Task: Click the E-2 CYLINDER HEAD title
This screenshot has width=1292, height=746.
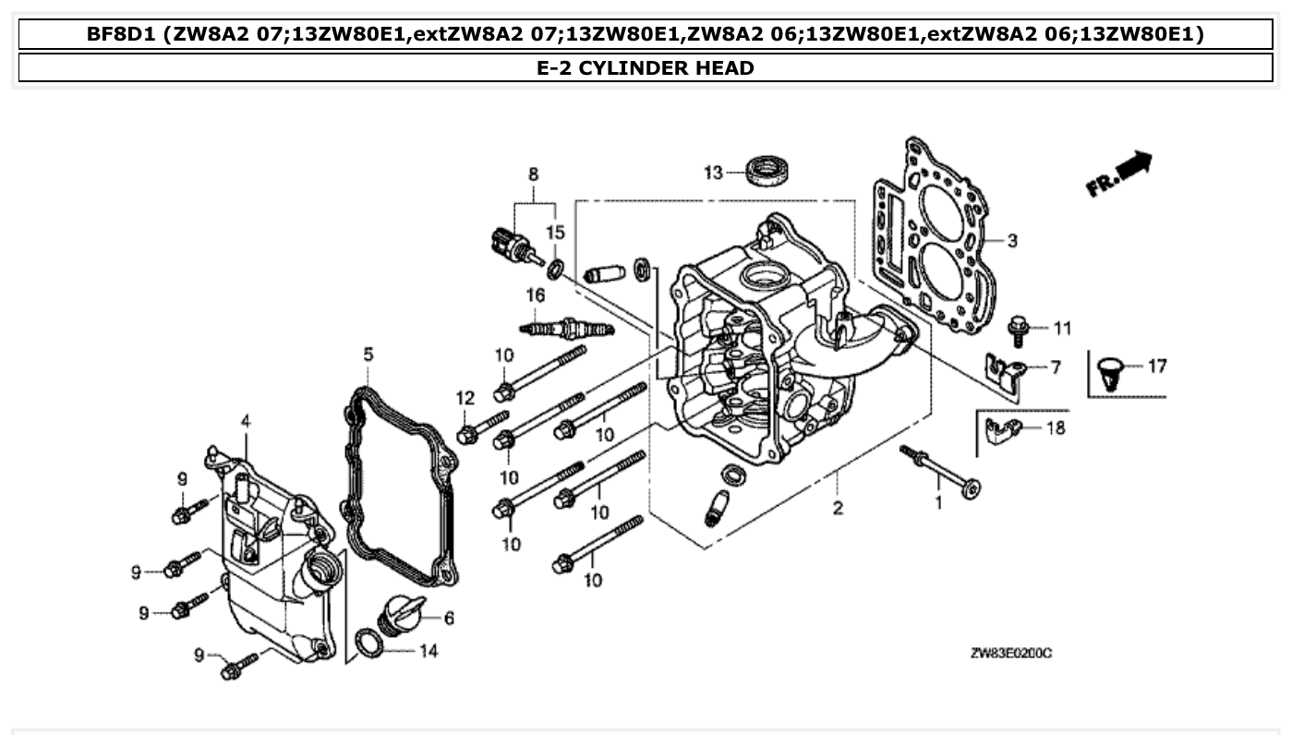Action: pyautogui.click(x=645, y=68)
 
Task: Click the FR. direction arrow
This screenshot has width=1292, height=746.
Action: pyautogui.click(x=1120, y=174)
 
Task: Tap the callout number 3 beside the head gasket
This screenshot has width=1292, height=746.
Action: pyautogui.click(x=1012, y=241)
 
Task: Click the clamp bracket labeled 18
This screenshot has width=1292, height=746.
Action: pyautogui.click(x=1002, y=429)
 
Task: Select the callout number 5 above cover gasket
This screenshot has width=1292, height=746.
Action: pyautogui.click(x=368, y=355)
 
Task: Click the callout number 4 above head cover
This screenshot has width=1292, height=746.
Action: pyautogui.click(x=246, y=421)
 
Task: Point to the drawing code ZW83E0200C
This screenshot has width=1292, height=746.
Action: pyautogui.click(x=1011, y=654)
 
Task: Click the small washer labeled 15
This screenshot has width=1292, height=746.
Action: pyautogui.click(x=555, y=269)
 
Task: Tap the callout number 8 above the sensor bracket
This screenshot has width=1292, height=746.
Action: pyautogui.click(x=533, y=174)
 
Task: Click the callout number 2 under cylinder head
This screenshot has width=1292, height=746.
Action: pyautogui.click(x=838, y=508)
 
